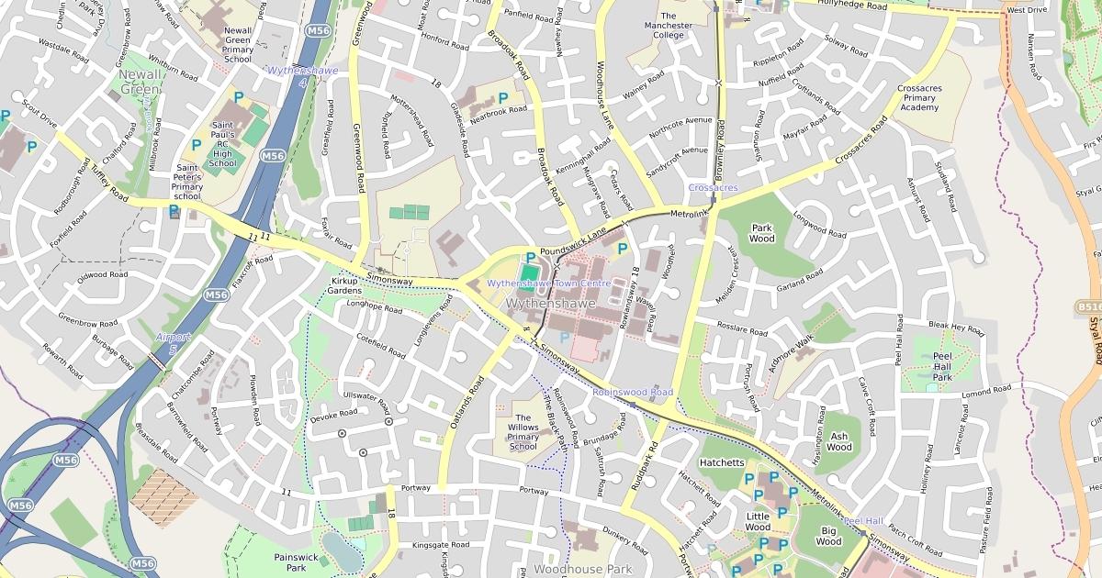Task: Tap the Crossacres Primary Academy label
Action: (918, 97)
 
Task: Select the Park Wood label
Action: (762, 233)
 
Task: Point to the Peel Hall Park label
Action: (942, 365)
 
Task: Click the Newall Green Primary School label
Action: (238, 45)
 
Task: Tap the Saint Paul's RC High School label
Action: (223, 144)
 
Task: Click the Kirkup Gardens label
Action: (344, 285)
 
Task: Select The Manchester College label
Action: (669, 26)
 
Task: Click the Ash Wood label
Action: (838, 442)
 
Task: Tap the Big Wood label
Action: (828, 536)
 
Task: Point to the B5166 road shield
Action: (1088, 307)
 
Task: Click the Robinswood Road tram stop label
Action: (632, 392)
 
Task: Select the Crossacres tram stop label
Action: (713, 188)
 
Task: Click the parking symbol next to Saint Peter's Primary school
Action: (174, 211)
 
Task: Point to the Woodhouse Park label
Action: (582, 570)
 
